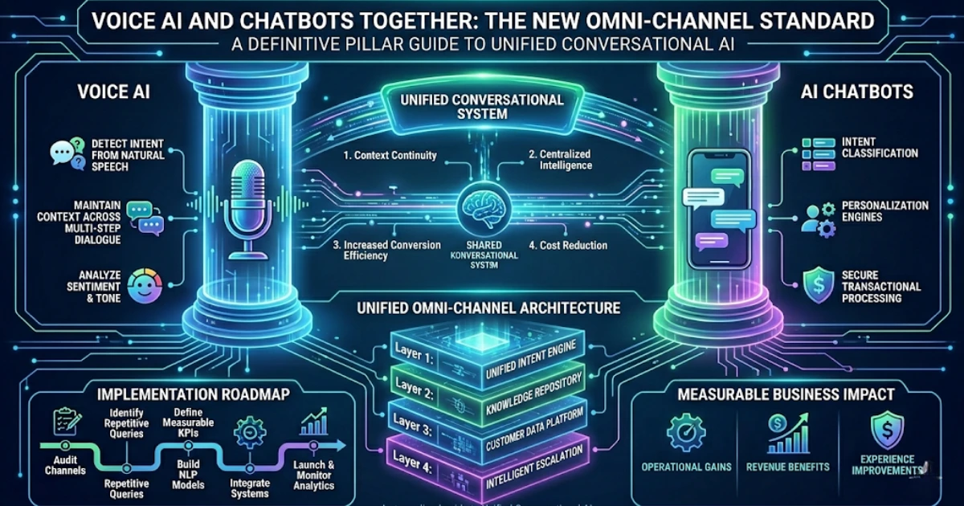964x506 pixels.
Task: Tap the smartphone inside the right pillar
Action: coord(718,210)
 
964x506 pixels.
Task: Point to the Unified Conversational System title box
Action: coord(482,107)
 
